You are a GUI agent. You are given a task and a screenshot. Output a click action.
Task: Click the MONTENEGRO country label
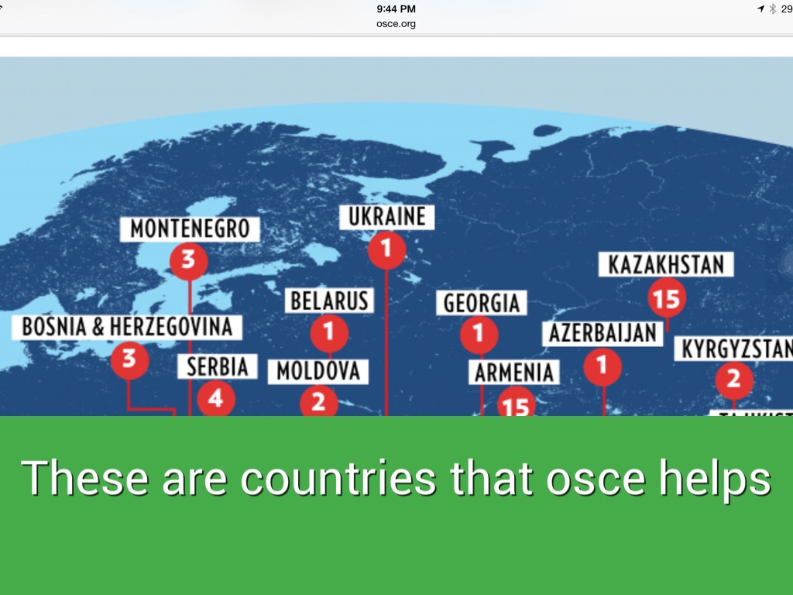tap(190, 229)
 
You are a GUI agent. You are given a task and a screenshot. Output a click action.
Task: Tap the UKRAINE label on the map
tap(386, 217)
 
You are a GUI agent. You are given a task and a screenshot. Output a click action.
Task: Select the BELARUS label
tap(330, 301)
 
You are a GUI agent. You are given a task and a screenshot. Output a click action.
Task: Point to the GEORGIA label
tap(481, 303)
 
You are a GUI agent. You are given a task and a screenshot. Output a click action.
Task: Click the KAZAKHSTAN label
tap(666, 265)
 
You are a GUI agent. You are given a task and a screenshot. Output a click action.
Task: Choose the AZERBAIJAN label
tap(602, 334)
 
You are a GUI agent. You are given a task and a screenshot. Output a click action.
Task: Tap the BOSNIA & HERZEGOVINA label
tap(127, 327)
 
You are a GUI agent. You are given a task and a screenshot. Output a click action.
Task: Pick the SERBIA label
tap(217, 366)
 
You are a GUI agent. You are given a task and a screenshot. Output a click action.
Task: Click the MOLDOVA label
tap(318, 371)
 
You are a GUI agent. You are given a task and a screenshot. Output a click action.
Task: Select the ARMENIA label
tap(514, 373)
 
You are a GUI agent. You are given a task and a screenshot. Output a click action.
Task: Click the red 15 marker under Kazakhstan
tap(666, 298)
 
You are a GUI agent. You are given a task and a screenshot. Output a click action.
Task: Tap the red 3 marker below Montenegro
tap(189, 260)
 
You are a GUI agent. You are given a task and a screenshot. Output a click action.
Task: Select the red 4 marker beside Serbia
tap(215, 399)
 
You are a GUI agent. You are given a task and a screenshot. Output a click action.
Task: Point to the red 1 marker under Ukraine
tap(386, 249)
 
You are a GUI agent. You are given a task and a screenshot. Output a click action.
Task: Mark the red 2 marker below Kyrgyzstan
tap(733, 380)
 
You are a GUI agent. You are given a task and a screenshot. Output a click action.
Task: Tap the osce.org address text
tap(396, 24)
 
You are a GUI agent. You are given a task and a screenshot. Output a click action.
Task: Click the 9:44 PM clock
tap(396, 9)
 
